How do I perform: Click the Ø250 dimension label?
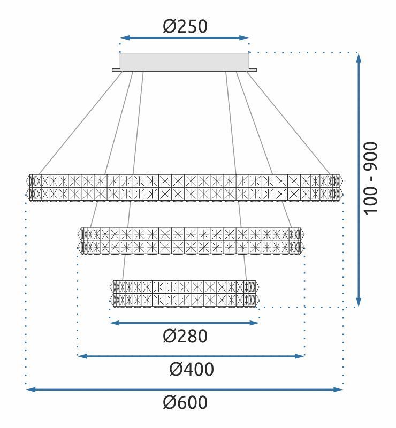pos(185,26)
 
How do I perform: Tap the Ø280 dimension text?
pos(185,337)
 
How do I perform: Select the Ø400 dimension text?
pos(191,369)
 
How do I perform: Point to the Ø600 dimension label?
pos(185,403)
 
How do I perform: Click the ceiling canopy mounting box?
pos(185,62)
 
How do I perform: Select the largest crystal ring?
pos(185,187)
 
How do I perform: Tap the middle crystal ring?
pos(191,241)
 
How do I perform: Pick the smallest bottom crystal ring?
pos(185,293)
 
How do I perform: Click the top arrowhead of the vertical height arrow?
pos(359,57)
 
